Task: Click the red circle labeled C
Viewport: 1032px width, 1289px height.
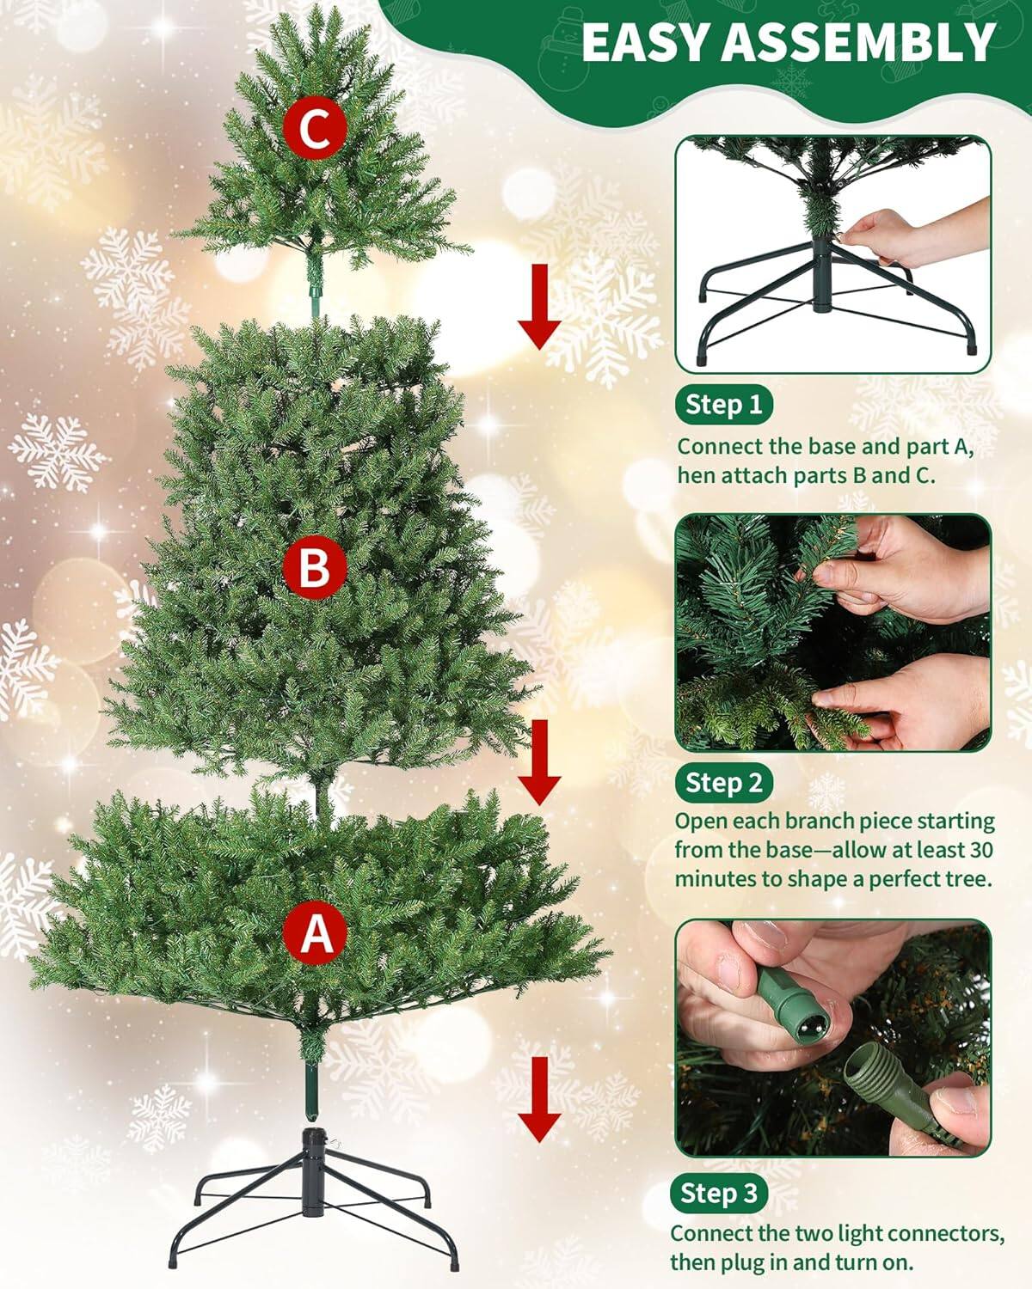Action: click(315, 128)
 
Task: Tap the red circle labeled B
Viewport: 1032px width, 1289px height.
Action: click(315, 567)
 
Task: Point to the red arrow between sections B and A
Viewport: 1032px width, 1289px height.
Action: click(539, 761)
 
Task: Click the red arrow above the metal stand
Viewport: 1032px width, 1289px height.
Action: click(539, 1099)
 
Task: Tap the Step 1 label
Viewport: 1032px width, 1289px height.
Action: click(723, 405)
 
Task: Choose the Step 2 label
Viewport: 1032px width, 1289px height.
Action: click(723, 783)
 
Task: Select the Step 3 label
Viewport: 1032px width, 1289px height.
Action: click(719, 1193)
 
